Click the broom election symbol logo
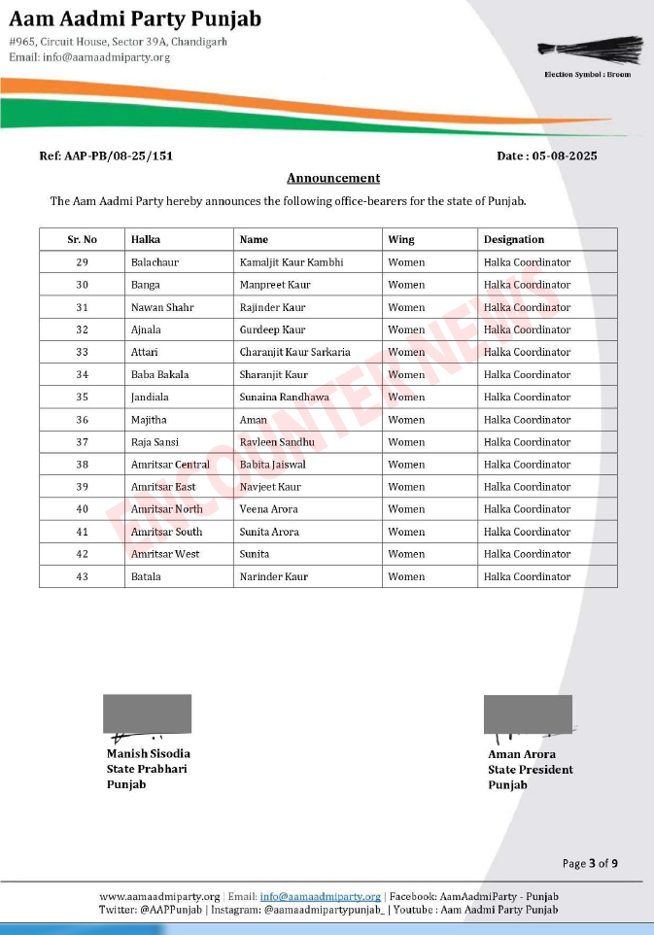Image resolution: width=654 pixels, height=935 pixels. click(x=591, y=51)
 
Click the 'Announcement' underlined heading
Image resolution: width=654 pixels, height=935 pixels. click(x=333, y=178)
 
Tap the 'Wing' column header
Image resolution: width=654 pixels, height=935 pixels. click(x=400, y=239)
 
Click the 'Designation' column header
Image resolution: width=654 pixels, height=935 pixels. click(x=514, y=239)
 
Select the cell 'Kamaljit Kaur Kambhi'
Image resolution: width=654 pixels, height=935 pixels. click(x=292, y=262)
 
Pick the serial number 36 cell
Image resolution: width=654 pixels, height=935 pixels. click(x=83, y=420)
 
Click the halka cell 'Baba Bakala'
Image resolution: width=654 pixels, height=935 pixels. click(x=160, y=374)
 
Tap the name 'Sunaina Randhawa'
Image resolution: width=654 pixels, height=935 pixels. click(x=284, y=397)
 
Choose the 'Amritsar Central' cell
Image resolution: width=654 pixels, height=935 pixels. click(x=170, y=465)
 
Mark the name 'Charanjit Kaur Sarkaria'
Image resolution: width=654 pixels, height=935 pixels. click(x=294, y=352)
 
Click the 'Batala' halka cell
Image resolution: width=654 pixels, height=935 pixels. click(x=146, y=576)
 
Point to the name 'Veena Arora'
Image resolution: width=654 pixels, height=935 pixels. click(x=269, y=509)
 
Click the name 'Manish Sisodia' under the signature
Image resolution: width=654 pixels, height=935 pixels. click(x=149, y=753)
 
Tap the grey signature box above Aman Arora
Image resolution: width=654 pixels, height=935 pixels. click(x=528, y=713)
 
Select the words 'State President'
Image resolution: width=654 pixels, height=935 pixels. click(x=531, y=770)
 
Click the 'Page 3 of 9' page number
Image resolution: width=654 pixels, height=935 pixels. click(x=590, y=863)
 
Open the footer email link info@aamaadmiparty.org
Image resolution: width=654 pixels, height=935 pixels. click(x=320, y=896)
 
